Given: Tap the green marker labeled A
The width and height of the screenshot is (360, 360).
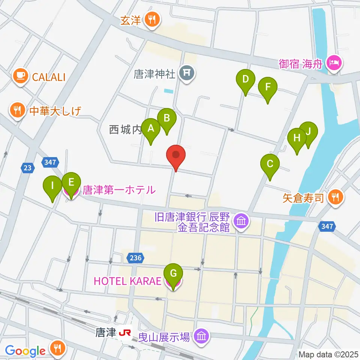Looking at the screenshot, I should click(x=151, y=129).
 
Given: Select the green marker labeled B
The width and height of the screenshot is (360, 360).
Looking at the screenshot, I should click(x=167, y=119).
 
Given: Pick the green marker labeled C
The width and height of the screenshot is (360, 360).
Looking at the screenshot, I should click(x=270, y=165).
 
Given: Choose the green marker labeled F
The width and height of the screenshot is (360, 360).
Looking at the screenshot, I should click(x=267, y=88).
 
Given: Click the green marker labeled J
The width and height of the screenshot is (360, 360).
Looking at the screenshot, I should click(x=308, y=132).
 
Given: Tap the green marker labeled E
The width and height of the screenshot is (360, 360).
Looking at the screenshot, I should click(x=71, y=183).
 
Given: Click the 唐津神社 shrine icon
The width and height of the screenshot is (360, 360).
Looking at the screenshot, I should click(x=186, y=73).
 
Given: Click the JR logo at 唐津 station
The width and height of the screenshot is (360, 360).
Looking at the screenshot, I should click(x=126, y=333).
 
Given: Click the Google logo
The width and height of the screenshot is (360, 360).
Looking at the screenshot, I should click(x=25, y=351).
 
